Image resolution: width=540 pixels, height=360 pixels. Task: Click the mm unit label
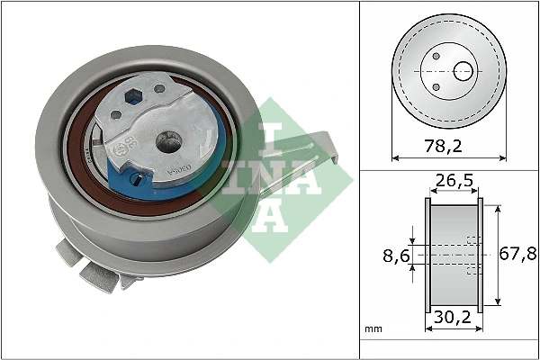click(x=373, y=330)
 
